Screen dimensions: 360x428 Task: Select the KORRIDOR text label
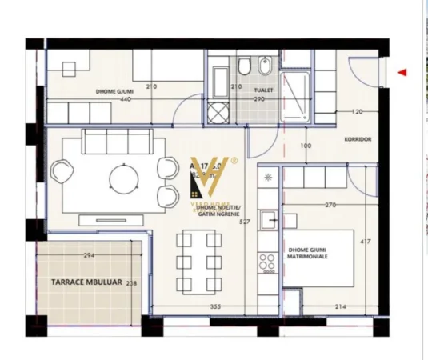[x=358, y=138]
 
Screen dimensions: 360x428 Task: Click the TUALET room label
[x=265, y=90]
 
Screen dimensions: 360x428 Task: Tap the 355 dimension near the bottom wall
[x=215, y=306]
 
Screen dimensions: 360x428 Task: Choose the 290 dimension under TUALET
[x=260, y=99]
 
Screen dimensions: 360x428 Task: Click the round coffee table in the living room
[x=123, y=178]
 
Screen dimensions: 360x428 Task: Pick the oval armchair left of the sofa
[x=61, y=171]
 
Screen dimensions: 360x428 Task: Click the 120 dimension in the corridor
[x=358, y=112]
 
